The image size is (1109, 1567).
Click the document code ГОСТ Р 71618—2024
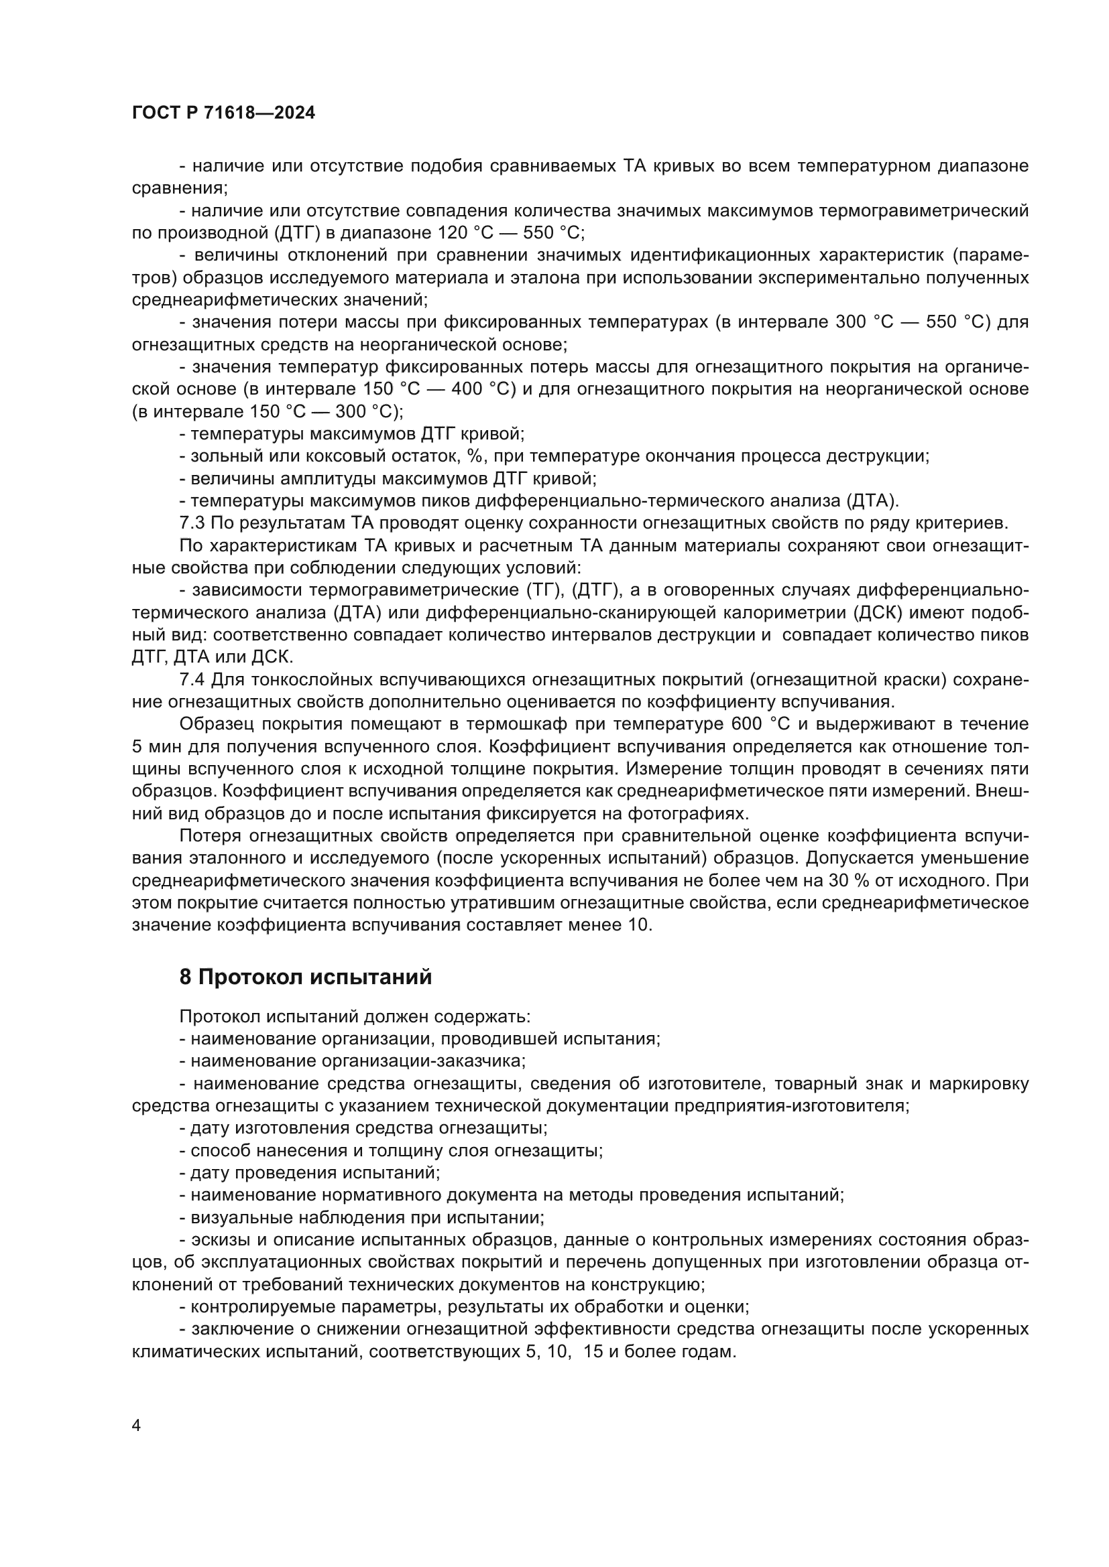[223, 113]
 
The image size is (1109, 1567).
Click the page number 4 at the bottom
[136, 1426]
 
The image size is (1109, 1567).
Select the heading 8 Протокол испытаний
[305, 977]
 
